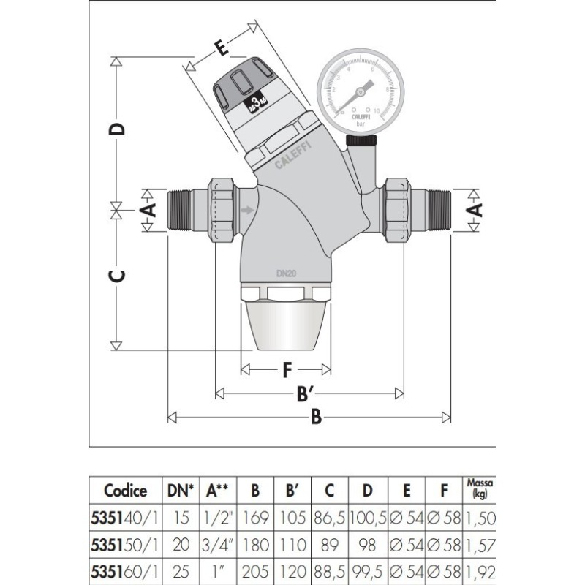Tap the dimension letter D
pos(116,129)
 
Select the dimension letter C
pos(116,276)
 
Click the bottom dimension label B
pos(316,418)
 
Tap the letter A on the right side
pos(475,211)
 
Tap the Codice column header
pos(125,491)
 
